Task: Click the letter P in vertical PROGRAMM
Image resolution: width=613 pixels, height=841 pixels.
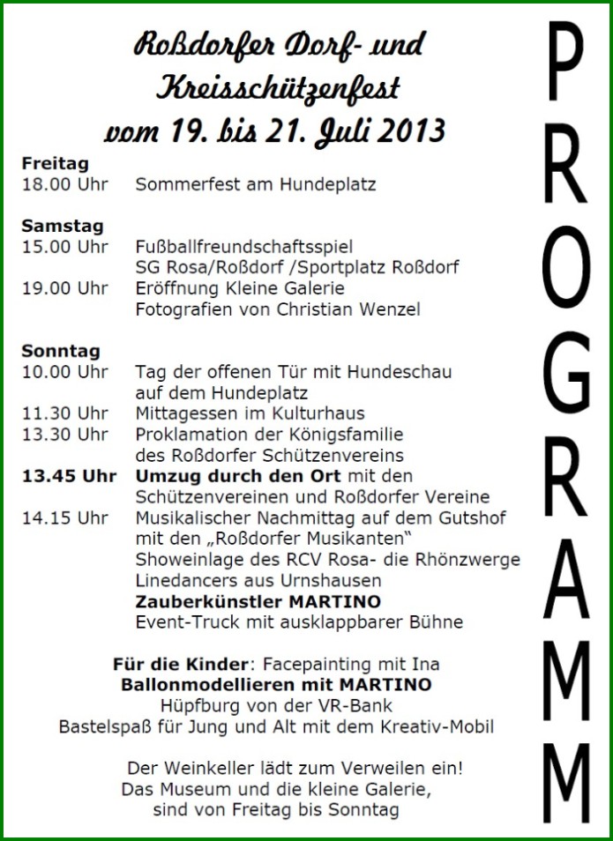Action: (x=565, y=65)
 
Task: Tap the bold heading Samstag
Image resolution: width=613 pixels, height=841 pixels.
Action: (x=63, y=226)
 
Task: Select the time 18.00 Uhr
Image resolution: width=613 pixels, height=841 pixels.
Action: (x=65, y=184)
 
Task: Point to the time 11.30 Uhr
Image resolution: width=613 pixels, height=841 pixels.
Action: (x=65, y=413)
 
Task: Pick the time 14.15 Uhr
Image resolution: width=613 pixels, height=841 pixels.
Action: (x=65, y=517)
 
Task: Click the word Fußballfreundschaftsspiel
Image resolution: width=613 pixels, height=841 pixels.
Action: (x=244, y=246)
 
